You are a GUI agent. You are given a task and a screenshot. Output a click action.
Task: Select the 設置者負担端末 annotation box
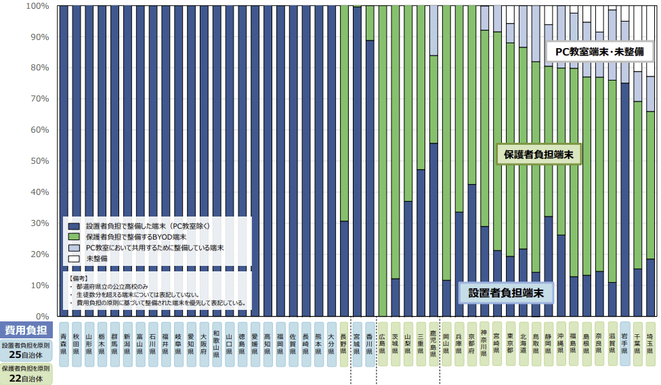(x=505, y=293)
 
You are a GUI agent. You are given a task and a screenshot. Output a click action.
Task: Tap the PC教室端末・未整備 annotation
(x=599, y=51)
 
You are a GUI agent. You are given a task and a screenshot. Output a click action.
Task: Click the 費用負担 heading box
(x=26, y=330)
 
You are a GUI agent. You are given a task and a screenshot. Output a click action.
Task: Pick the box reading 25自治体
(x=26, y=355)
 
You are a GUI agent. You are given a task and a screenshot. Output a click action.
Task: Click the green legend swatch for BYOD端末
(x=73, y=237)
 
